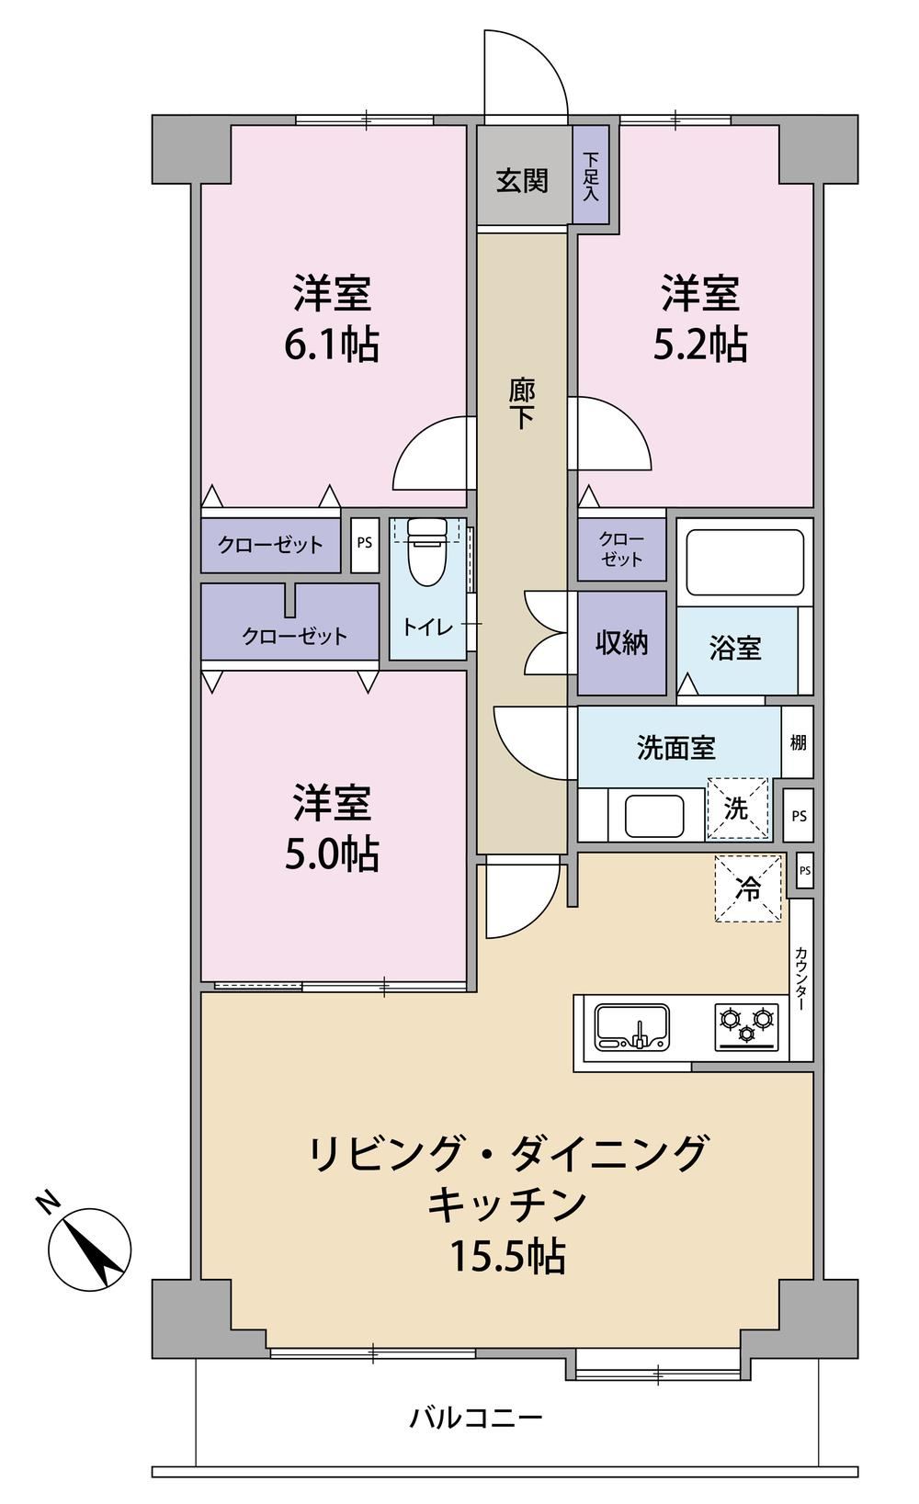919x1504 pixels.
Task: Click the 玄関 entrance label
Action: coord(522,181)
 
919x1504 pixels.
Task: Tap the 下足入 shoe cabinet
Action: coord(591,175)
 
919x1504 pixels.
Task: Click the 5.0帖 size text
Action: coord(333,854)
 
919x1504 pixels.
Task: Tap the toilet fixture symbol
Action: coord(427,551)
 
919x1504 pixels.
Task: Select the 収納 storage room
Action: coord(622,643)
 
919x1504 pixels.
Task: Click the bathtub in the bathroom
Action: coord(745,562)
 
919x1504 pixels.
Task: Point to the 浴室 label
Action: coord(735,649)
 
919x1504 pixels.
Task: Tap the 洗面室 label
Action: coord(675,747)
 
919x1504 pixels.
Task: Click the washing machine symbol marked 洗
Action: coord(737,809)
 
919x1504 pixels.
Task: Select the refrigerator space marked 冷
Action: coord(748,888)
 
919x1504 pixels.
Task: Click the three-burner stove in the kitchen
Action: coord(746,1026)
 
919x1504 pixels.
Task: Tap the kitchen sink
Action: coord(632,1027)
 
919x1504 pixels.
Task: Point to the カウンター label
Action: coord(800,979)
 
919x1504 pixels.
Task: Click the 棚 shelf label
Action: coord(798,742)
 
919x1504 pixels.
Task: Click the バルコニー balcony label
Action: coord(476,1418)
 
